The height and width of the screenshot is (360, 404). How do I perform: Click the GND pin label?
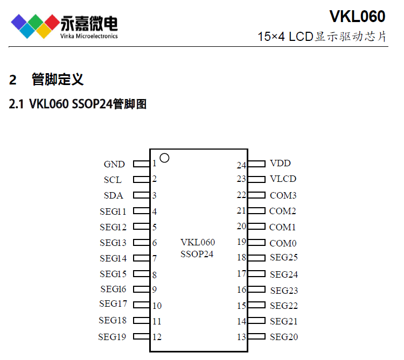tap(114, 164)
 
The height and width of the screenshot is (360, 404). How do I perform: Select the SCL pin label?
tap(113, 180)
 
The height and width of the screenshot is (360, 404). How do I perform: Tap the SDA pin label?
tap(113, 195)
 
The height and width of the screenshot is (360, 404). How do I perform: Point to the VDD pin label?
tap(280, 163)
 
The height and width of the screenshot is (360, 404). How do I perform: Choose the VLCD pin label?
tap(283, 179)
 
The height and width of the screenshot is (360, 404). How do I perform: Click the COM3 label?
tap(283, 195)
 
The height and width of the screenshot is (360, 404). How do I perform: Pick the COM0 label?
tap(283, 243)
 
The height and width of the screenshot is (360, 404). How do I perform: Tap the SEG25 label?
tap(284, 258)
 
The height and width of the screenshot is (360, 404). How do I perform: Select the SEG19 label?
tap(112, 337)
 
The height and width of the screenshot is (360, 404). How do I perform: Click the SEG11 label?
tap(113, 211)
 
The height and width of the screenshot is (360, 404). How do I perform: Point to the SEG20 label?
tap(284, 337)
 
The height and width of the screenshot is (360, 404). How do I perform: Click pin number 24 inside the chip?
tap(241, 165)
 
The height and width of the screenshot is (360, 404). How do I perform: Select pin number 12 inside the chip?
tap(157, 337)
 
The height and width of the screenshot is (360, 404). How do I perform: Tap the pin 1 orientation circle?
tap(165, 158)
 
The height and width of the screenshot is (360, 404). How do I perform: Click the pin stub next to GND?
tap(142, 163)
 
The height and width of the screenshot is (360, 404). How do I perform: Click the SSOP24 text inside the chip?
tap(197, 254)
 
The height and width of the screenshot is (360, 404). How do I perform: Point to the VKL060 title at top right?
tap(357, 17)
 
